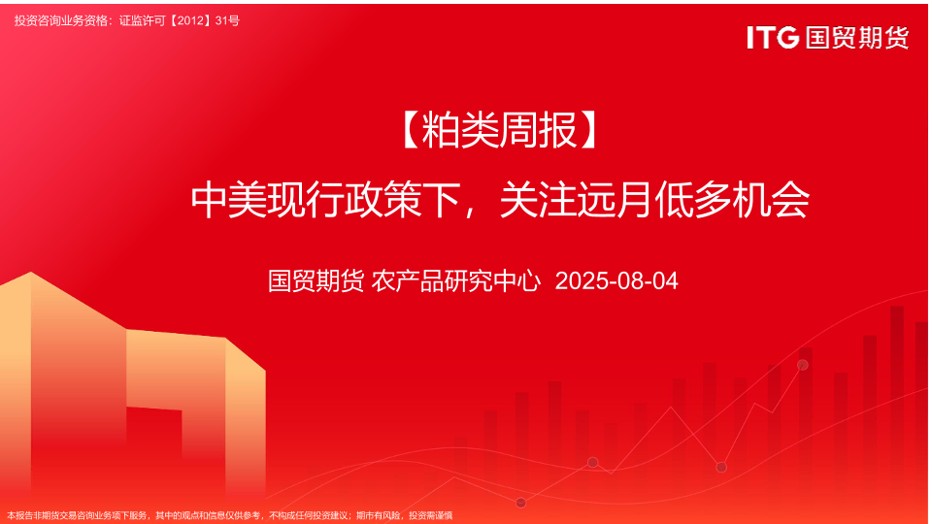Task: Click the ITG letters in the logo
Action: coord(773,38)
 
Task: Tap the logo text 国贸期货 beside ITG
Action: coord(857,38)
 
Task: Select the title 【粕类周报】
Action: coord(499,131)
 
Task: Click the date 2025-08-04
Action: coord(616,281)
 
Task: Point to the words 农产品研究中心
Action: coord(456,281)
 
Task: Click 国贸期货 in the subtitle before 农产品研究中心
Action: coord(316,281)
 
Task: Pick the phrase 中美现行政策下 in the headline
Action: coord(325,200)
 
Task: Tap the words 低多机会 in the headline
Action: coord(732,200)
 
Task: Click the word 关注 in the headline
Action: coord(538,200)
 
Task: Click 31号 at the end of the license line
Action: coord(227,20)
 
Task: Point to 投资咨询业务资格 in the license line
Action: coord(62,20)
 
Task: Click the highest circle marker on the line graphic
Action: coord(803,365)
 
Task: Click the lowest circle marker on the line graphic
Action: coord(520,504)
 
